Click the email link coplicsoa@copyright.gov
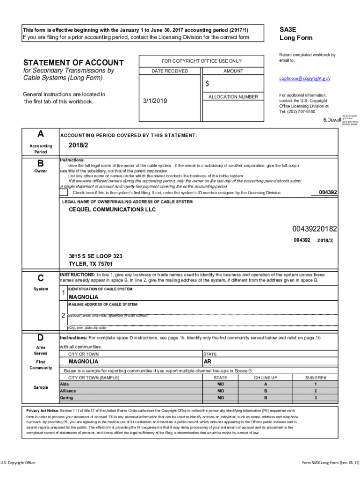click(x=305, y=79)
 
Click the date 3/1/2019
click(x=154, y=101)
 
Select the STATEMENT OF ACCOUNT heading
click(x=73, y=63)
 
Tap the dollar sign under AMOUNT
click(x=208, y=84)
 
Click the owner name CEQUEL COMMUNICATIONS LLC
click(x=112, y=210)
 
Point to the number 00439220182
click(x=315, y=229)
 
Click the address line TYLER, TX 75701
click(x=91, y=264)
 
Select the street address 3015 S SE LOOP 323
click(x=95, y=256)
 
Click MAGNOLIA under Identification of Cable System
click(x=84, y=297)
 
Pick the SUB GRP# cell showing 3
click(x=315, y=398)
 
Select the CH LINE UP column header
click(x=266, y=377)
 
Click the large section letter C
click(x=41, y=278)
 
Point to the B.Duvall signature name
click(x=331, y=120)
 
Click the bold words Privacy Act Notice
click(x=43, y=410)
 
